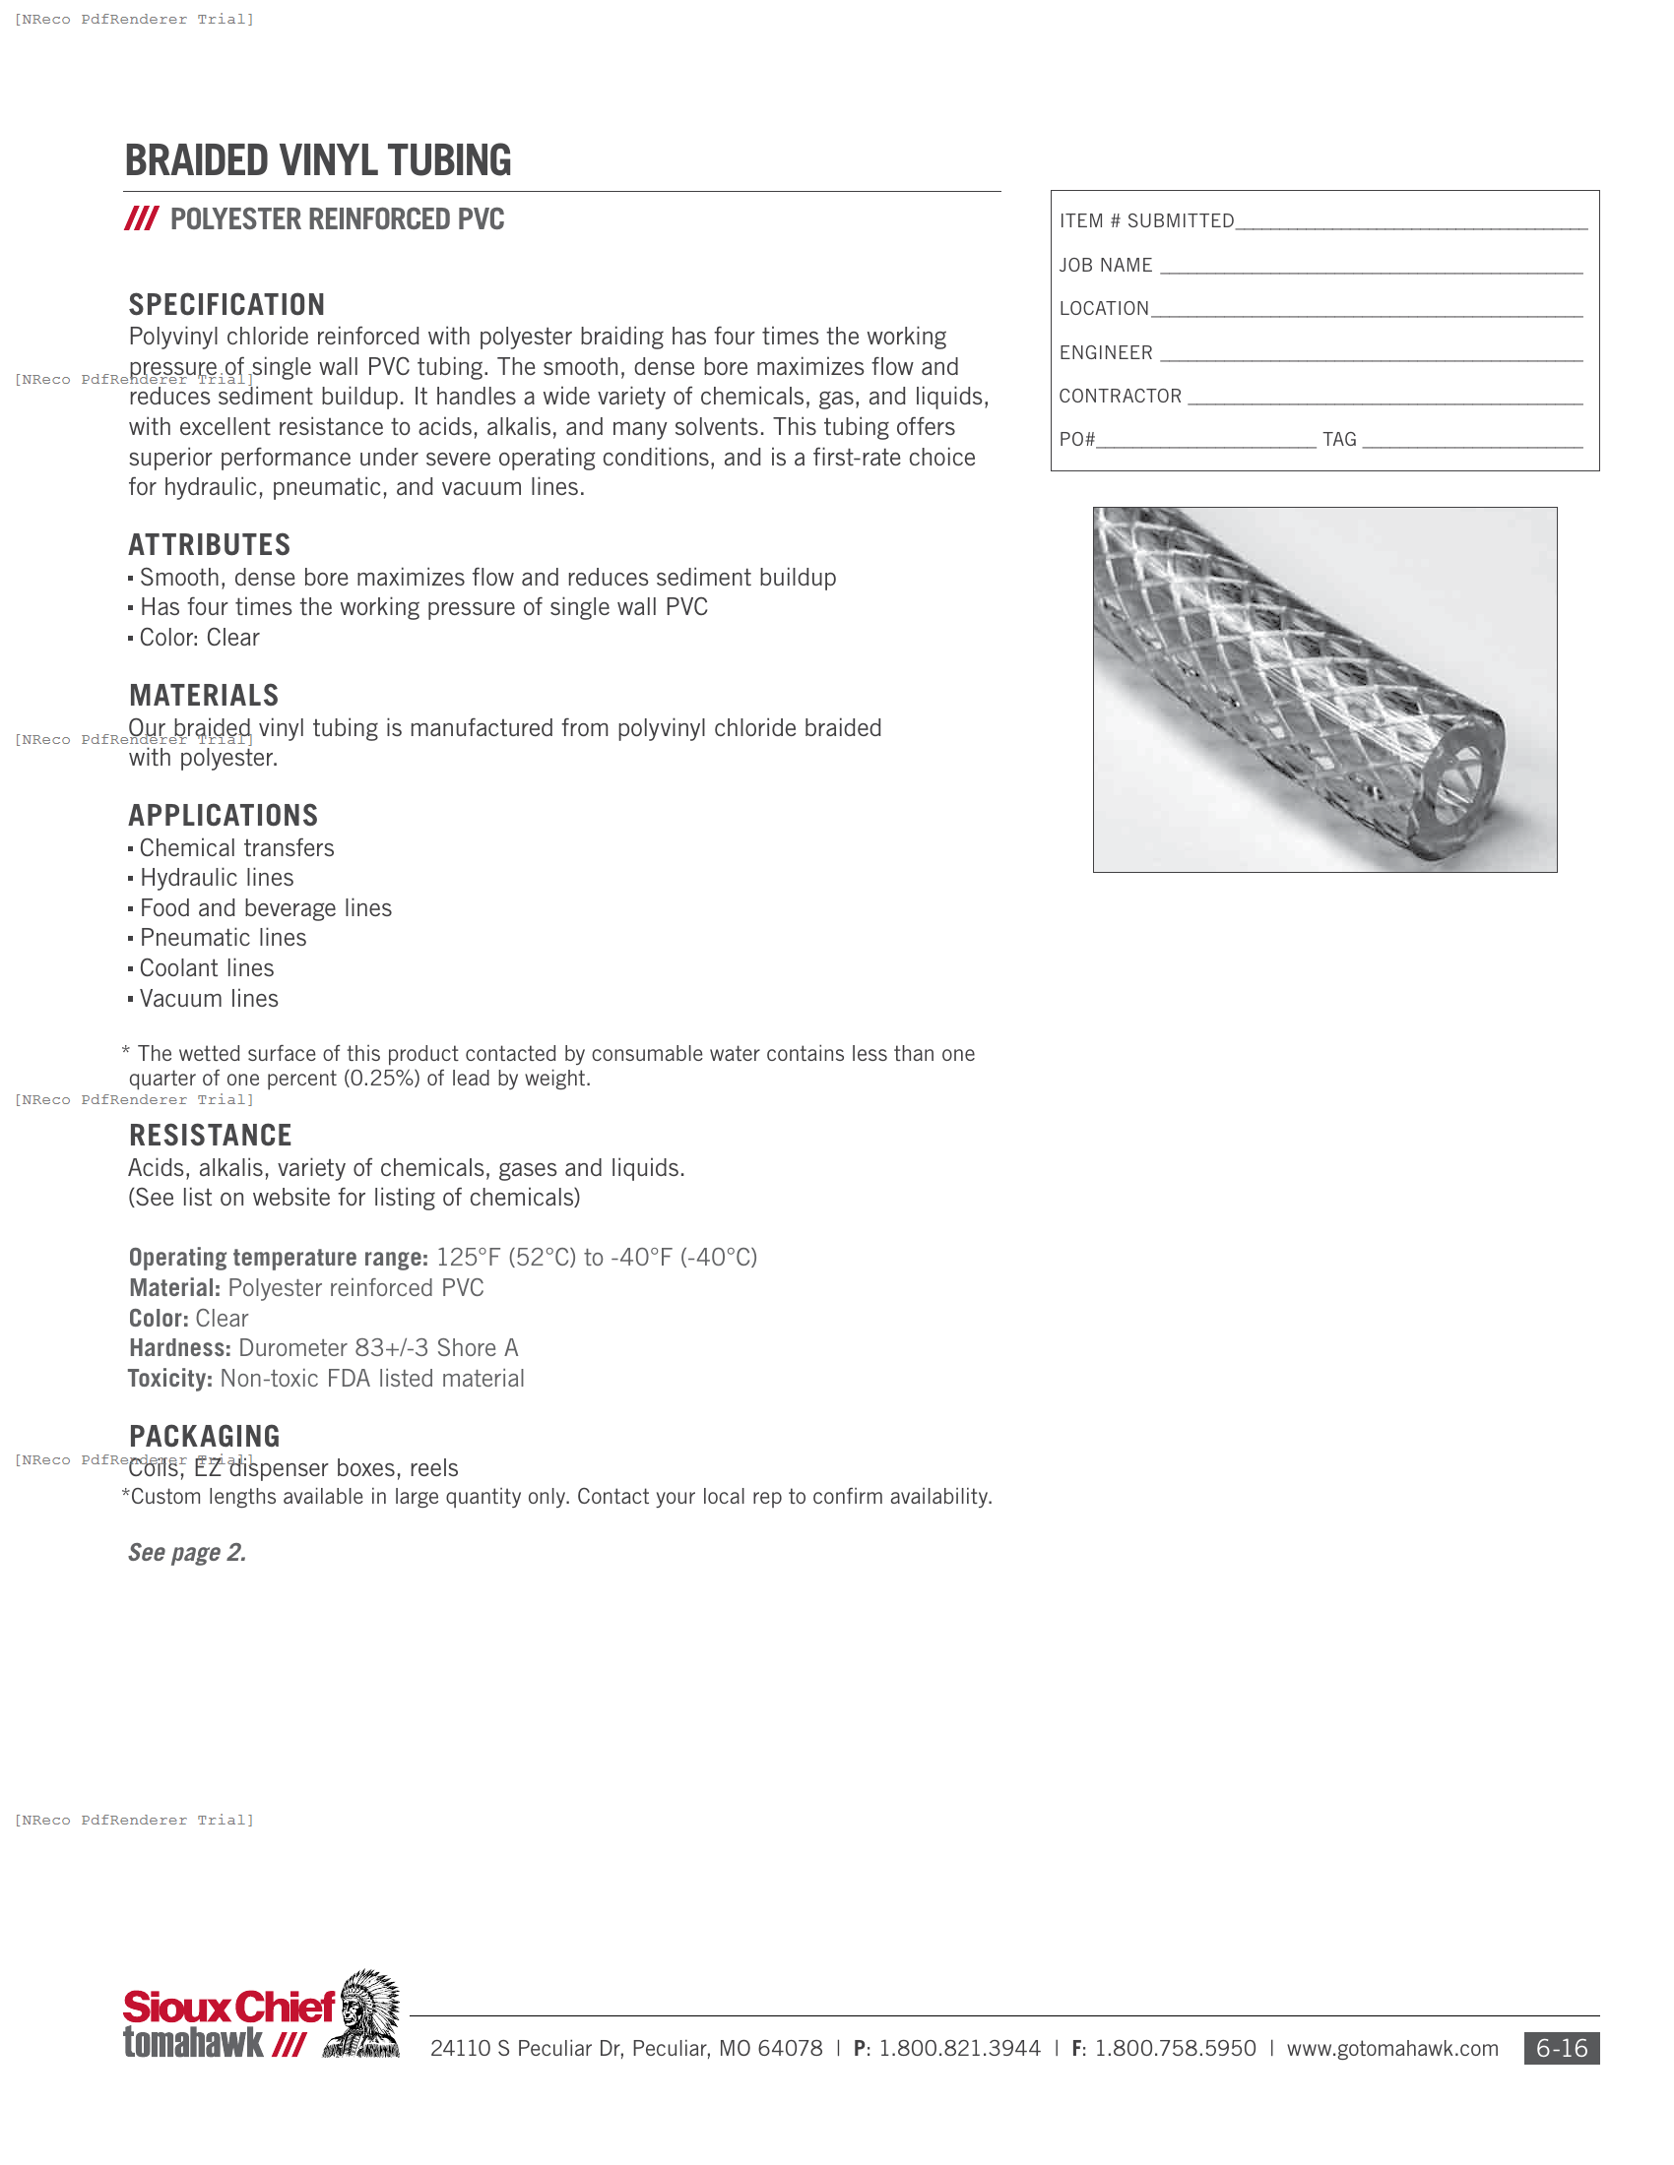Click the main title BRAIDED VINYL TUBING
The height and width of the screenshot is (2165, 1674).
[317, 161]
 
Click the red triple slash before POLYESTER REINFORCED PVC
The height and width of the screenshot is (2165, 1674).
[141, 219]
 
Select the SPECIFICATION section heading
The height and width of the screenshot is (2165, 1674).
[227, 304]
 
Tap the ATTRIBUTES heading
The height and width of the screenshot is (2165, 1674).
[209, 545]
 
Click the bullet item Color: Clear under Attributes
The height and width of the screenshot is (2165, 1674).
[198, 639]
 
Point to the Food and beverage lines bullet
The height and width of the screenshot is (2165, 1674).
[265, 909]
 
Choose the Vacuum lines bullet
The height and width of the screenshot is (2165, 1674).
[208, 999]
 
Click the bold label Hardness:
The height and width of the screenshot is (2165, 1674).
[179, 1348]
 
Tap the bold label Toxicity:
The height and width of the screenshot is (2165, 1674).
[169, 1379]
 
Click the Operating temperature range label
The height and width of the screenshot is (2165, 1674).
[278, 1258]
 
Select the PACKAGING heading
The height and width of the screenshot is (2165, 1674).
[204, 1437]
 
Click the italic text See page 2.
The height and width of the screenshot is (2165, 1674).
[186, 1552]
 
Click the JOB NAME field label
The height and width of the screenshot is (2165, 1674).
[1105, 266]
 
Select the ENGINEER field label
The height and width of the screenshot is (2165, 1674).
[1105, 353]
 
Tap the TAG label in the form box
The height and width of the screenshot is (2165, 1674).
[1339, 440]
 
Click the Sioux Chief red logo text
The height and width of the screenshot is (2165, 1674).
[228, 2008]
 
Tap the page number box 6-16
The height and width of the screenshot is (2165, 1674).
[1561, 2048]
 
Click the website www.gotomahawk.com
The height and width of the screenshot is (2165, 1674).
[1391, 2049]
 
